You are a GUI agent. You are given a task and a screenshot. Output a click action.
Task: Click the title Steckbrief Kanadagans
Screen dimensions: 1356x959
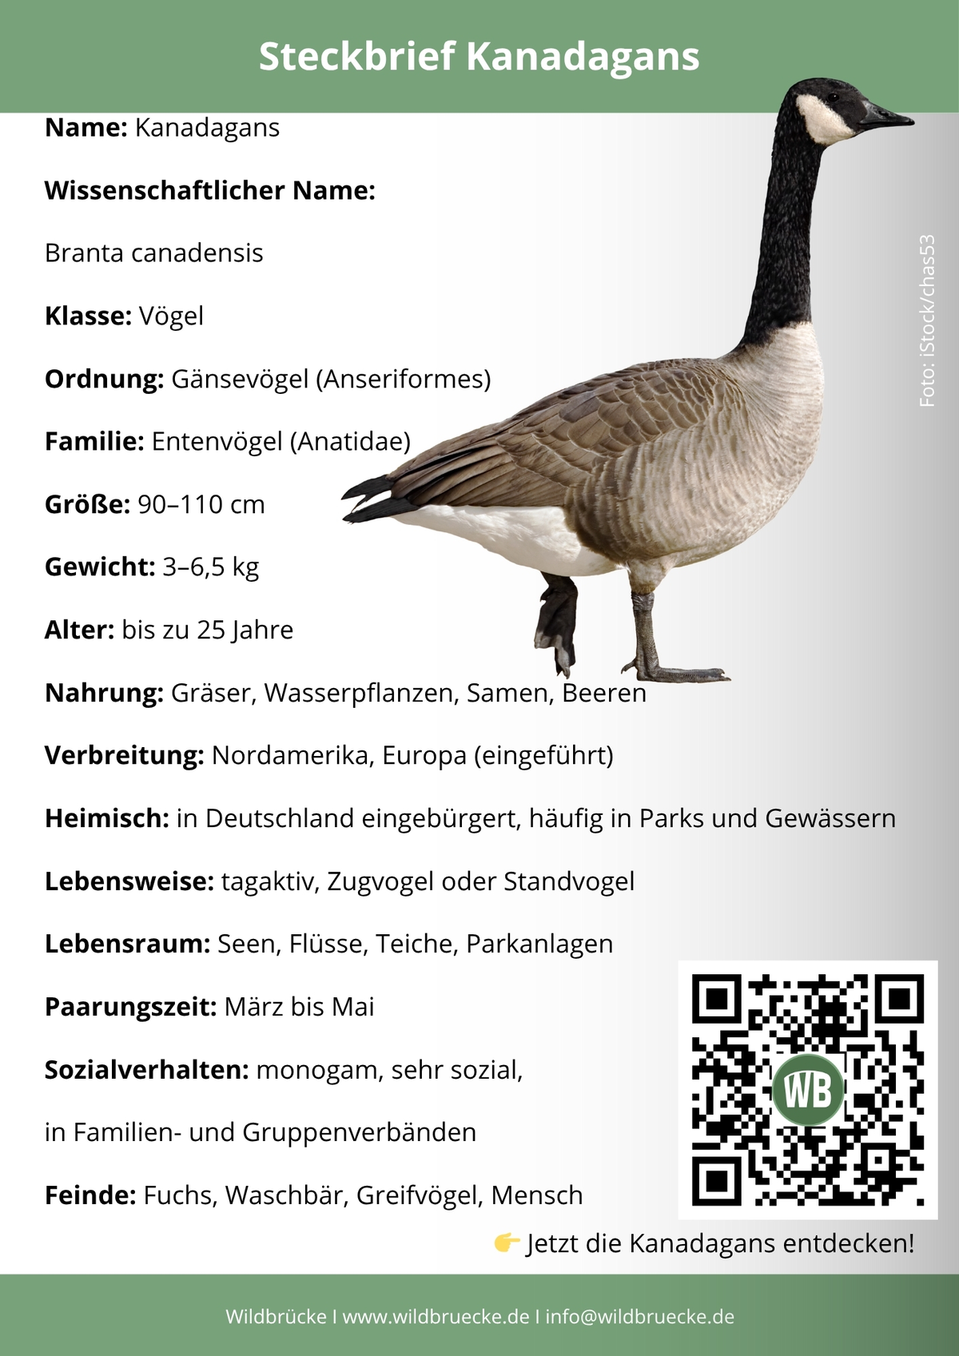point(479,57)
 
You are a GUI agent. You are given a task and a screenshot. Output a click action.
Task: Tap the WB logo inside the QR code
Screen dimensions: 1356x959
point(808,1090)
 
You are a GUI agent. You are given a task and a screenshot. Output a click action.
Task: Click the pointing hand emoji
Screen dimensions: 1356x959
point(507,1243)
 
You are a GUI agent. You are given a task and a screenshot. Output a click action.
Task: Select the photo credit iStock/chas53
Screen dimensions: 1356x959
point(927,320)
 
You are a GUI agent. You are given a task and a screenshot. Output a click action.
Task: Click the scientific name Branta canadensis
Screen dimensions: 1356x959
point(153,253)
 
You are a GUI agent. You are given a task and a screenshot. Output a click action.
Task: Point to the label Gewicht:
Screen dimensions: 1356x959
point(99,567)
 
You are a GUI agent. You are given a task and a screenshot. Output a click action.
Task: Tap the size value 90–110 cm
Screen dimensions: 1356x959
point(201,504)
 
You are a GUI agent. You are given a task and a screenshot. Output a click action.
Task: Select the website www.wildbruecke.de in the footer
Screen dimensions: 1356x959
point(436,1317)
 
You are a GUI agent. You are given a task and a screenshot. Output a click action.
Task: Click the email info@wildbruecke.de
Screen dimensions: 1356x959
point(639,1317)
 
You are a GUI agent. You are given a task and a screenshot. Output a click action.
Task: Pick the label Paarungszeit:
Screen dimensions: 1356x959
point(130,1007)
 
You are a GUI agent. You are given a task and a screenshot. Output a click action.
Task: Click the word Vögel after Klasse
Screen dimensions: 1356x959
point(171,316)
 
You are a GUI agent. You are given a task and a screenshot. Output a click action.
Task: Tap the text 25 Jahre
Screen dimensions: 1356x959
point(245,630)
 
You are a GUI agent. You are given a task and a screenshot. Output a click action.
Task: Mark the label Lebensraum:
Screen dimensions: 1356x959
point(127,944)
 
